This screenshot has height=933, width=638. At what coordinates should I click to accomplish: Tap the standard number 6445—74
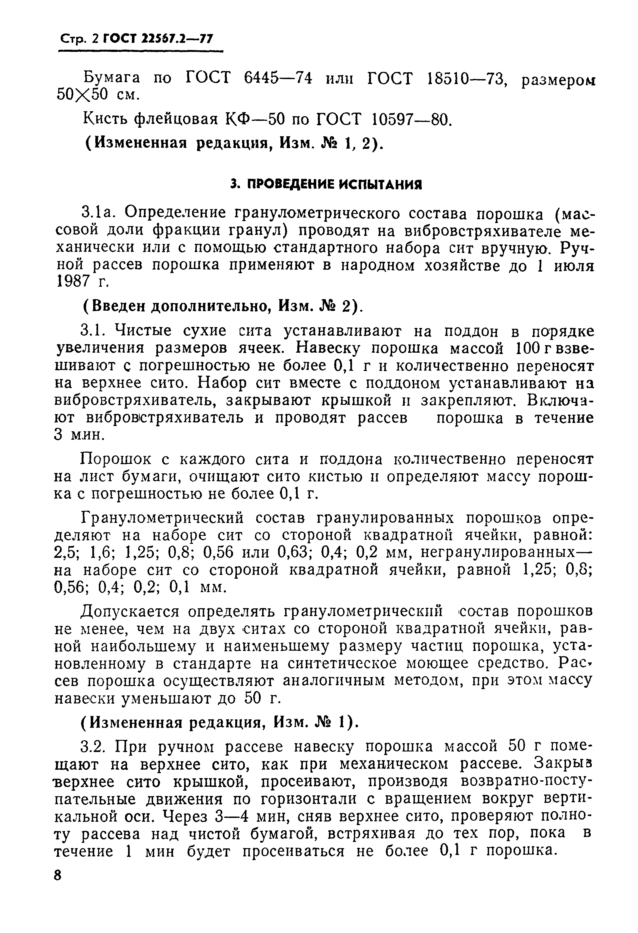pyautogui.click(x=278, y=77)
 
